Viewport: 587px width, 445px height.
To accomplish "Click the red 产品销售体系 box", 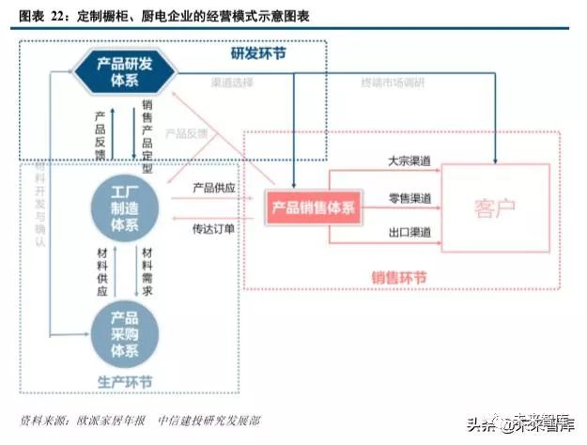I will point(313,207).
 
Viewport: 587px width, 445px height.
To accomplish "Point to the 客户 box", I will point(496,207).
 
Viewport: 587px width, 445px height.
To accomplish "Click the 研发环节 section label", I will point(259,54).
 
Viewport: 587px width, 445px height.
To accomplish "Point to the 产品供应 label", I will point(214,187).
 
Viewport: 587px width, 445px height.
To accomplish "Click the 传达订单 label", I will point(214,228).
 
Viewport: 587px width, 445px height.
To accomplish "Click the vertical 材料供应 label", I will point(102,272).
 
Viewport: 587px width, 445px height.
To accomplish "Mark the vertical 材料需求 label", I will point(147,272).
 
